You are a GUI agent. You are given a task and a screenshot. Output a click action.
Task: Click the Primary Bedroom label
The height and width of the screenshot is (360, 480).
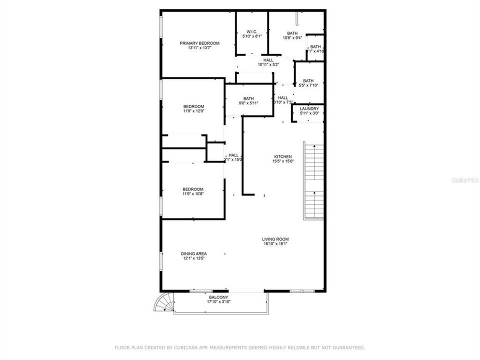199,43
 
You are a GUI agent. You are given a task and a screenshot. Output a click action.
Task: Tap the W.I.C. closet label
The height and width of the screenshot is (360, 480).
251,31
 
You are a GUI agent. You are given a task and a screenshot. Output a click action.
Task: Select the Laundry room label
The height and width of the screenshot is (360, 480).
309,108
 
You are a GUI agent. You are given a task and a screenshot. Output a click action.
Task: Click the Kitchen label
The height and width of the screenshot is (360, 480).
282,156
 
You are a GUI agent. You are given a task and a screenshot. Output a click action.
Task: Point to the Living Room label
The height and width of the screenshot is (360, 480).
275,239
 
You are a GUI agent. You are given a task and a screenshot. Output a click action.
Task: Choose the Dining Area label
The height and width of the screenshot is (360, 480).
193,253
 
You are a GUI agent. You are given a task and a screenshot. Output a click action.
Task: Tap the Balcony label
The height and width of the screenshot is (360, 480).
218,297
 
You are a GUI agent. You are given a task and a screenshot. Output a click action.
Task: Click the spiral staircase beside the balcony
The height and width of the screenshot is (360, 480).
163,302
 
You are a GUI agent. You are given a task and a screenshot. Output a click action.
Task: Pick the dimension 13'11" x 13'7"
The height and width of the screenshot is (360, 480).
199,48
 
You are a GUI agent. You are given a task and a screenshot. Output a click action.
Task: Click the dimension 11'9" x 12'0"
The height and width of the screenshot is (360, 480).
193,111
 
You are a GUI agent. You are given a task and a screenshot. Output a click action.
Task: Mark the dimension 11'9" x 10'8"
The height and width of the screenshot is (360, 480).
193,194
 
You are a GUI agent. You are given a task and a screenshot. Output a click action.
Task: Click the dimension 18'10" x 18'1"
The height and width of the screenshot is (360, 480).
275,244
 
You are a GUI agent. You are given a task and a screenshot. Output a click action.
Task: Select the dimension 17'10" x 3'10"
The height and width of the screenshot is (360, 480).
218,302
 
